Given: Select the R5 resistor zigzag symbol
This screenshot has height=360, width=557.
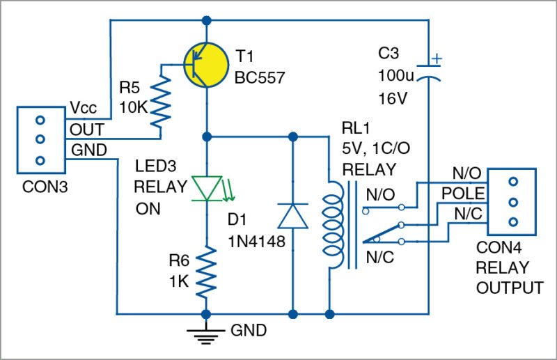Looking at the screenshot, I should [x=162, y=99].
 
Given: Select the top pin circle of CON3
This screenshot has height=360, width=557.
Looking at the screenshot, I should [x=39, y=118].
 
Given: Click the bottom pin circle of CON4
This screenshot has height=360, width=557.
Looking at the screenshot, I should [x=513, y=222].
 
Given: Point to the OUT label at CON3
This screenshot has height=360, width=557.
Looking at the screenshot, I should [x=86, y=130].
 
